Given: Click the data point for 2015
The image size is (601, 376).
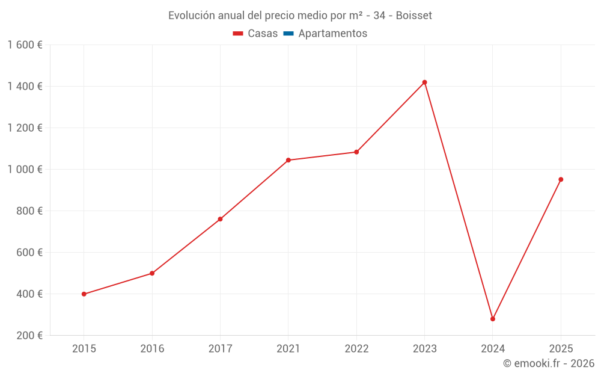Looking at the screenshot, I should [x=84, y=294].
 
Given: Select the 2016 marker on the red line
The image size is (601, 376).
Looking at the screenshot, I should [x=152, y=273].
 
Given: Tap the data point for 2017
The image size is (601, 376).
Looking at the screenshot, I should [x=220, y=219].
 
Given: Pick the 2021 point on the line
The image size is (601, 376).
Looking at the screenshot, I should [x=288, y=160].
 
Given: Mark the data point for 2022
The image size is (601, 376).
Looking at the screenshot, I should [x=356, y=152].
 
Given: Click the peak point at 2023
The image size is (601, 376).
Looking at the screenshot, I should [x=424, y=82].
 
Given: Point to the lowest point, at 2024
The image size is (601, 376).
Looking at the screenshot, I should [x=493, y=319].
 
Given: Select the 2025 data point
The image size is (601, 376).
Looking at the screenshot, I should [x=561, y=179].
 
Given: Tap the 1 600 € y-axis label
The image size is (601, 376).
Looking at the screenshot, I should [x=25, y=45].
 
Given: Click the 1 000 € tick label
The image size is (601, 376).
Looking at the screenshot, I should [x=25, y=170].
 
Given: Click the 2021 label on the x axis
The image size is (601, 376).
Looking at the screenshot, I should [x=288, y=349].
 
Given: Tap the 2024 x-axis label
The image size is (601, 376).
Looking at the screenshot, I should [x=493, y=349].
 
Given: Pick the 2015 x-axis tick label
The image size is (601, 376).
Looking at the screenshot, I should [x=84, y=349].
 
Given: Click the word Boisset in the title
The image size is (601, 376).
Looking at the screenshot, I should [x=415, y=16].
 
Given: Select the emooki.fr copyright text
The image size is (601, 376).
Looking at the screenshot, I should [x=549, y=363].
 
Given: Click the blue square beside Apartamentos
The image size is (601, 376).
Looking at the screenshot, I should [x=288, y=34].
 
